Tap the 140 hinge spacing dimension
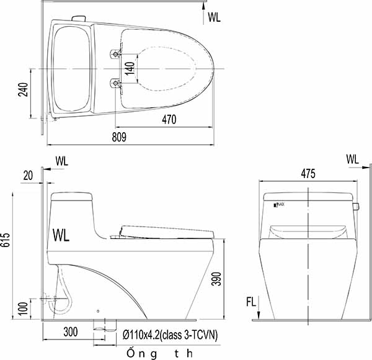[130, 68]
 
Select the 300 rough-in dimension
[70, 333]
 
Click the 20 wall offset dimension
[27, 175]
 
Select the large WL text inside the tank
[62, 236]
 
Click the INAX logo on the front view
[280, 204]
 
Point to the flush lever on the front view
[356, 205]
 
